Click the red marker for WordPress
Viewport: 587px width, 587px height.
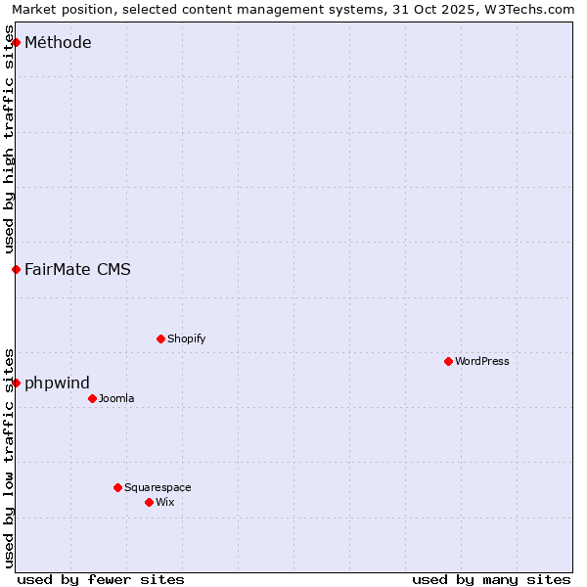(448, 361)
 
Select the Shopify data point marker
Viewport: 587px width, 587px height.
(160, 339)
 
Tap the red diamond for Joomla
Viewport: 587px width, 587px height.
(92, 398)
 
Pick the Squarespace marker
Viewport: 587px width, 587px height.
(117, 487)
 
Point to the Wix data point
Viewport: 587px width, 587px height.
(149, 502)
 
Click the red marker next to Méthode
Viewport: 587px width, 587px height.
(16, 42)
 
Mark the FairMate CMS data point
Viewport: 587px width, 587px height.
(16, 269)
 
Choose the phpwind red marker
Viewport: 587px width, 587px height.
(16, 383)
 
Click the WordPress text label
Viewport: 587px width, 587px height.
(482, 361)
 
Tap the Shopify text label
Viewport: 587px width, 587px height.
(187, 339)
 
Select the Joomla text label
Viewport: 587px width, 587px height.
(116, 398)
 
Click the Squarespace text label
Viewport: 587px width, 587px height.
(158, 487)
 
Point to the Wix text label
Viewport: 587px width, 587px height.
(165, 502)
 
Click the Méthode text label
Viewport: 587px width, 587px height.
(58, 42)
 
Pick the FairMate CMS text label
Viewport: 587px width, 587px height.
(77, 269)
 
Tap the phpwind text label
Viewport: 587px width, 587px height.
(57, 383)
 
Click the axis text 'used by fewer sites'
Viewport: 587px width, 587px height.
(101, 579)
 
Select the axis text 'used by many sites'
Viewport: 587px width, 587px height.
(491, 579)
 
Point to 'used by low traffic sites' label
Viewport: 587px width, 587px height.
(9, 457)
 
